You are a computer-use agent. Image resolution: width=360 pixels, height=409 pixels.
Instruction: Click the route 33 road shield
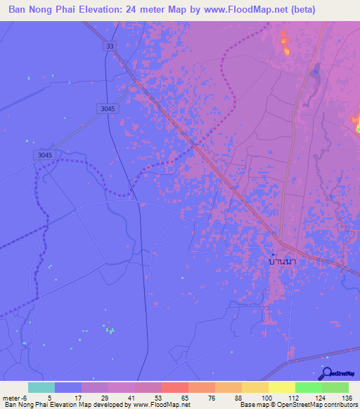(x=109, y=46)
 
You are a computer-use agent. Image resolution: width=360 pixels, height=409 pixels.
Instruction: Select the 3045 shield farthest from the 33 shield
(x=43, y=155)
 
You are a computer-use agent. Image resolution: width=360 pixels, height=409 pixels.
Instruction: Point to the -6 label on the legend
(x=25, y=398)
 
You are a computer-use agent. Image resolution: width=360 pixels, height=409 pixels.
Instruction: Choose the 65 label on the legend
(x=184, y=398)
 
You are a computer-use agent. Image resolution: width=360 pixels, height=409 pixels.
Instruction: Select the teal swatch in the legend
(x=41, y=387)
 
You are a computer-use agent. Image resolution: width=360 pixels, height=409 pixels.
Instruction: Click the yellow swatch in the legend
(x=281, y=387)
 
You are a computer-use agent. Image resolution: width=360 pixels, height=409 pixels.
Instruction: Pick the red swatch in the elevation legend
(x=175, y=387)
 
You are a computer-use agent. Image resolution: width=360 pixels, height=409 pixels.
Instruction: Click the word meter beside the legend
(x=11, y=398)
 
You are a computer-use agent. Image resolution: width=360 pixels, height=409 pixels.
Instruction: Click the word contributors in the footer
(x=339, y=405)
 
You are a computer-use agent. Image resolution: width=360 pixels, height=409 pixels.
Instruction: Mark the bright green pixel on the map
(x=358, y=129)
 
